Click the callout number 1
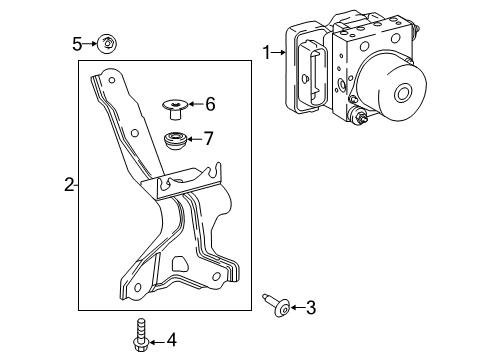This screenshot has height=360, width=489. (x=266, y=51)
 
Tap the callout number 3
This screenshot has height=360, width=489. (x=310, y=308)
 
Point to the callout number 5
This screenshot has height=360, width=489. (x=76, y=43)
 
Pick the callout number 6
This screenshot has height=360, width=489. (x=209, y=103)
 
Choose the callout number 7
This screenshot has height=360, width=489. (x=208, y=138)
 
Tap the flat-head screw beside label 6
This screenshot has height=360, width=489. (x=176, y=105)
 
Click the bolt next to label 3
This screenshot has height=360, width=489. (x=272, y=305)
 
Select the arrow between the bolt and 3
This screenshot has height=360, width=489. (x=294, y=308)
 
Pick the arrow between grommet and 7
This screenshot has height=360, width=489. (x=195, y=138)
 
